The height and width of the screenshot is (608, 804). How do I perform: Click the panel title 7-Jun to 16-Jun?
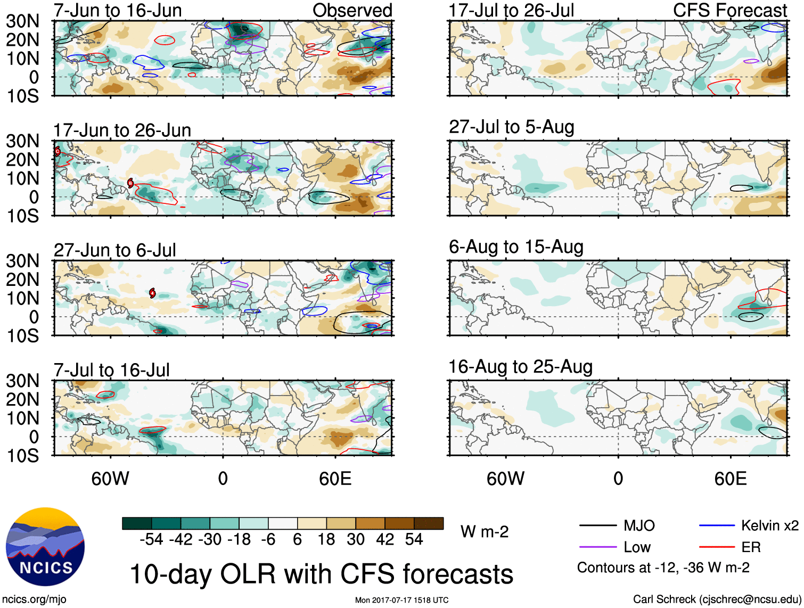[x=118, y=10]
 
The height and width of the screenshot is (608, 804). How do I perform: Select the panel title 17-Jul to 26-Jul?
[x=511, y=10]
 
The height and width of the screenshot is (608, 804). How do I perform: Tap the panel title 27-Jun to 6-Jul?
[x=114, y=250]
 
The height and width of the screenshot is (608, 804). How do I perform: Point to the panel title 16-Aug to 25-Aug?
[x=520, y=367]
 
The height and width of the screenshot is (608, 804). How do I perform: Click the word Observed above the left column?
[x=352, y=10]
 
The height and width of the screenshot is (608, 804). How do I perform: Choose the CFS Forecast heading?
[x=729, y=10]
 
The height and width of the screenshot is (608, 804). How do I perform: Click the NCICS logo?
[x=45, y=547]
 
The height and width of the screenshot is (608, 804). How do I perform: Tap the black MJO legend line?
[x=597, y=526]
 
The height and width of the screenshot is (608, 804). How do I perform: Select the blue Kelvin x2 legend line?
[x=717, y=526]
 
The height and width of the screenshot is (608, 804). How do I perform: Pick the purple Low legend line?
[x=597, y=547]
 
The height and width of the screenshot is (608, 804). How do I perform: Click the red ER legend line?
[x=717, y=547]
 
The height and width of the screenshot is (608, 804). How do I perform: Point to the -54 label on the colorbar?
[x=151, y=540]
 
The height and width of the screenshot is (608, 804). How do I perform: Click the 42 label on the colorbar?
[x=385, y=540]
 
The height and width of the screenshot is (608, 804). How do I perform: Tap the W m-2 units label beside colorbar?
[x=485, y=532]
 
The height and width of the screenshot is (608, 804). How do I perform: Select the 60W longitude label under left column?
[x=110, y=479]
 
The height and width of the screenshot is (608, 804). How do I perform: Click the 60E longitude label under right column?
[x=730, y=479]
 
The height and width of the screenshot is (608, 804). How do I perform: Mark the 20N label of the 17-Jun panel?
[x=23, y=160]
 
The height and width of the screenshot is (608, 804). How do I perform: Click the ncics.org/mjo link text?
[x=34, y=599]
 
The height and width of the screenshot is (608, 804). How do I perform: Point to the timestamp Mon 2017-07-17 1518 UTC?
[x=401, y=600]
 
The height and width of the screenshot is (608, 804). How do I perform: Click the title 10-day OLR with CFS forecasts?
[x=321, y=574]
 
